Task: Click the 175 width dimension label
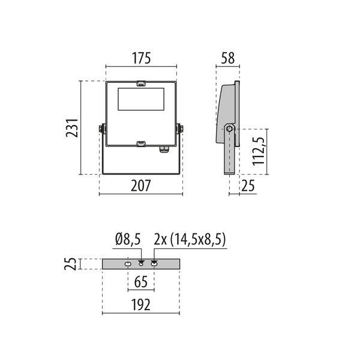pyautogui.click(x=141, y=58)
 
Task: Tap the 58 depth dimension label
pyautogui.click(x=228, y=58)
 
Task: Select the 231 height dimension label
pyautogui.click(x=72, y=128)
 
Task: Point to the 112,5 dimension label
pyautogui.click(x=258, y=151)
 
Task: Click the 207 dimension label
pyautogui.click(x=141, y=185)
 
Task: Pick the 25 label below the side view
pyautogui.click(x=248, y=185)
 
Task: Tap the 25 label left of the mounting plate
pyautogui.click(x=70, y=264)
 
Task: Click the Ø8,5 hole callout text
pyautogui.click(x=128, y=239)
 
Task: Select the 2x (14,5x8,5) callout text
pyautogui.click(x=190, y=239)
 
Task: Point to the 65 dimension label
pyautogui.click(x=141, y=282)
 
